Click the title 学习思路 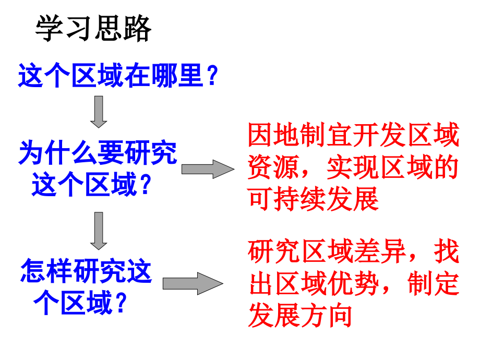pyautogui.click(x=93, y=28)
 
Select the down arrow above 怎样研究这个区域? pyautogui.click(x=99, y=230)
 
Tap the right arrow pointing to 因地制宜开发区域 pyautogui.click(x=208, y=169)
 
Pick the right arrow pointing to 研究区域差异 pyautogui.click(x=193, y=283)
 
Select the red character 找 pyautogui.click(x=447, y=253)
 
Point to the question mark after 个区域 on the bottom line pyautogui.click(x=121, y=302)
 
